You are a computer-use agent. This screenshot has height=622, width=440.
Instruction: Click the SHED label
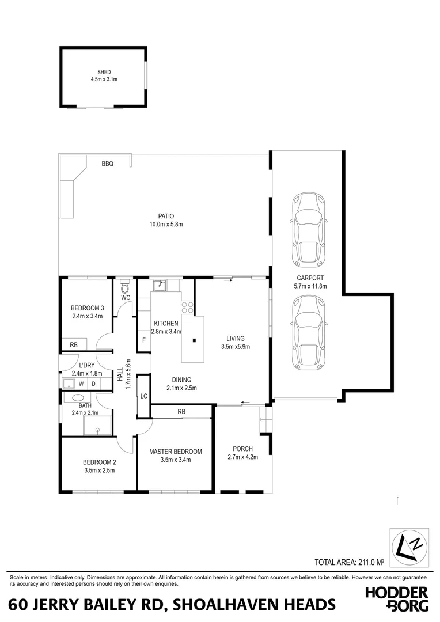(104, 72)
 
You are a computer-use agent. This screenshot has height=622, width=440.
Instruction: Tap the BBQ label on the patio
(108, 164)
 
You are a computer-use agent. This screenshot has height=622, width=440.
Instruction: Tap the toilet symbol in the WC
(125, 286)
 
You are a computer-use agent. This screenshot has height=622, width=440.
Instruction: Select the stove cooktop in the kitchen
(188, 308)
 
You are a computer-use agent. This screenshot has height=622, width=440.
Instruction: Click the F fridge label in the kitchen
(143, 340)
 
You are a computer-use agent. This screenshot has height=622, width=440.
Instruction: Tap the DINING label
(181, 380)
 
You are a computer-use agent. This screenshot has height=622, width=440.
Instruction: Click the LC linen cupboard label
(143, 396)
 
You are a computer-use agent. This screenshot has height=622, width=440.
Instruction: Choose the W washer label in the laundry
(81, 384)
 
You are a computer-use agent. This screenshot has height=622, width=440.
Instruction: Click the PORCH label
(242, 449)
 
